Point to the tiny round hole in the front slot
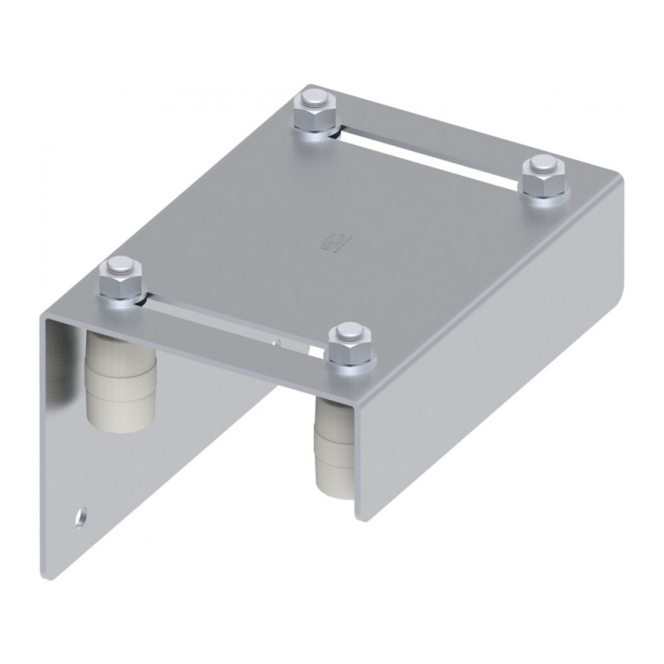pyautogui.click(x=281, y=340)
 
